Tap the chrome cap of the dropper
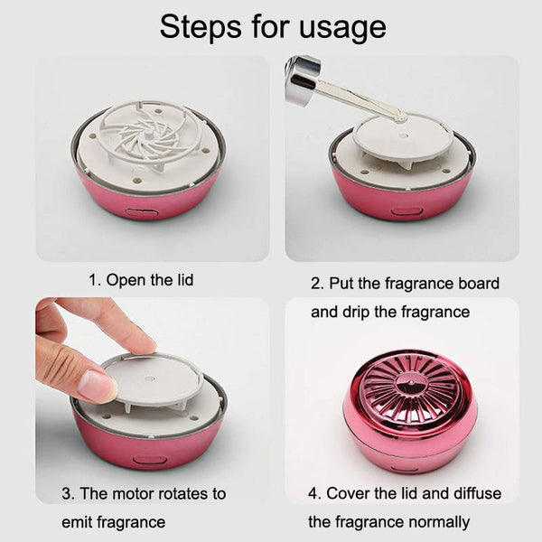click(303, 78)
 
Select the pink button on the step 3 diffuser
click(150, 461)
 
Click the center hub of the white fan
click(149, 134)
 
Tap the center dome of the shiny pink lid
click(410, 385)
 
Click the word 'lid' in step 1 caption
click(185, 279)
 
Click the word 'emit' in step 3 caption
click(76, 522)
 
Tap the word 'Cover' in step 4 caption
click(348, 493)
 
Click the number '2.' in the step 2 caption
click(318, 284)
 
